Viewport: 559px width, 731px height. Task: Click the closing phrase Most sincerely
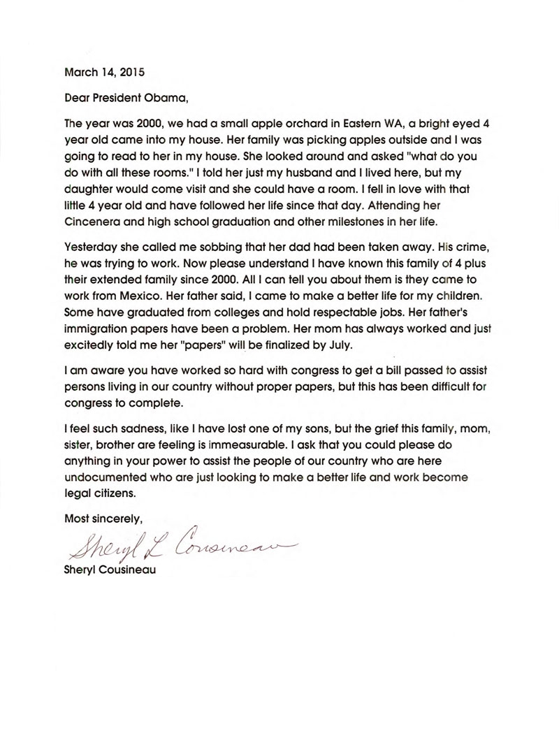coord(103,518)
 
